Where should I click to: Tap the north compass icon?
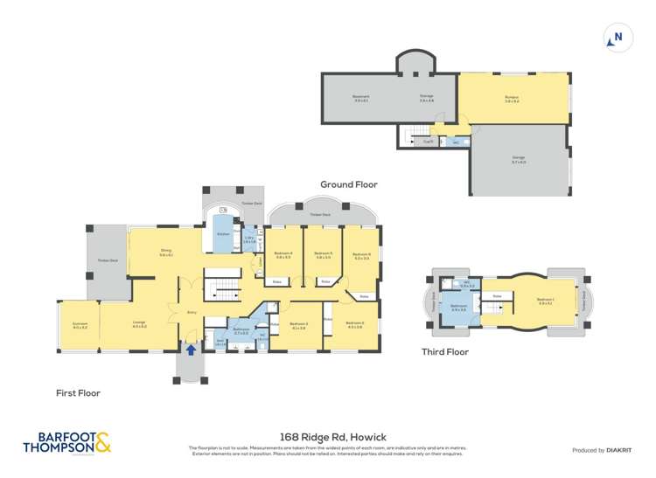click(618, 38)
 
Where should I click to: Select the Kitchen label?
click(222, 234)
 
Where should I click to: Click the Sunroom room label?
click(80, 324)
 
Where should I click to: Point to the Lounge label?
click(139, 324)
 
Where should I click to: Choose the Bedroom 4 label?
click(283, 255)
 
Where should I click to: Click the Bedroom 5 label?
click(323, 255)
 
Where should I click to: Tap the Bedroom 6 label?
click(362, 255)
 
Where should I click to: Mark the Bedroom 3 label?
click(299, 325)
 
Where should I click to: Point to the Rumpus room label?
click(512, 100)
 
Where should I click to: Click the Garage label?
click(519, 160)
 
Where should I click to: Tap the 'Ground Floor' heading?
click(348, 184)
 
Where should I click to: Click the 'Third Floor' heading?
click(445, 352)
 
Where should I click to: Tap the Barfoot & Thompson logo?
click(67, 443)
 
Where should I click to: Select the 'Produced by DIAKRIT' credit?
click(601, 450)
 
